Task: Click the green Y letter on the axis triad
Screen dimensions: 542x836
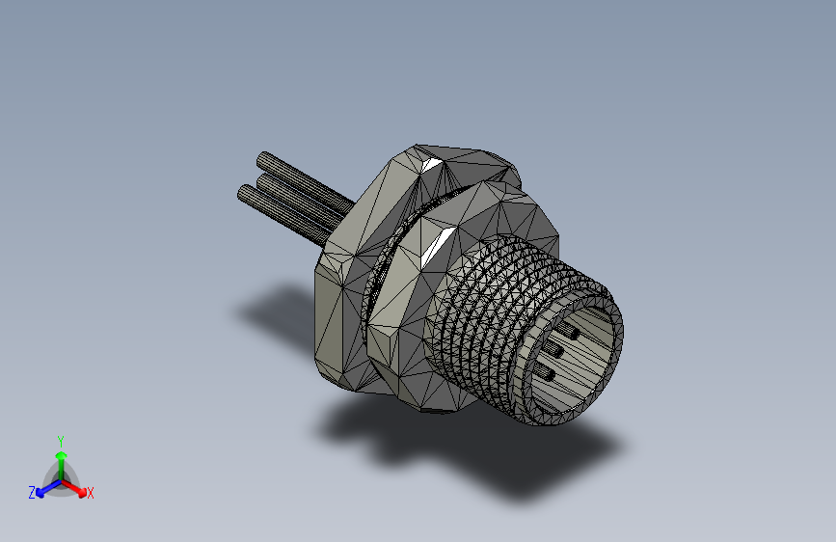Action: pos(61,439)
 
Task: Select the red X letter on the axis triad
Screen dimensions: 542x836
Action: pos(91,494)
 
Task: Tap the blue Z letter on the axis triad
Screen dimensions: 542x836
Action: pos(31,492)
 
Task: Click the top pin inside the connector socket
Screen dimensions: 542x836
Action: pos(568,332)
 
